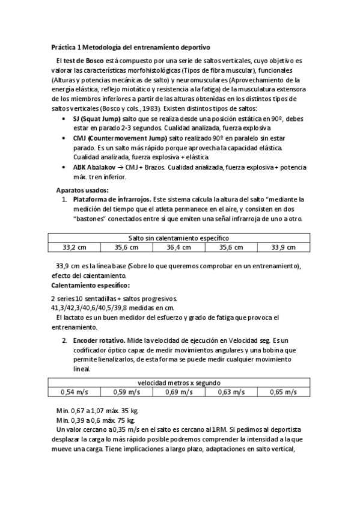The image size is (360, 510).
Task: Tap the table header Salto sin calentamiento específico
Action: [178, 238]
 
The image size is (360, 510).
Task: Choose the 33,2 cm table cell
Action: [75, 247]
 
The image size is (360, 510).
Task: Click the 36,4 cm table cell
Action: [178, 247]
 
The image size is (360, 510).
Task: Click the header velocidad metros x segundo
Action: [178, 382]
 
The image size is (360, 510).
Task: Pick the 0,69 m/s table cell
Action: [178, 392]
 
